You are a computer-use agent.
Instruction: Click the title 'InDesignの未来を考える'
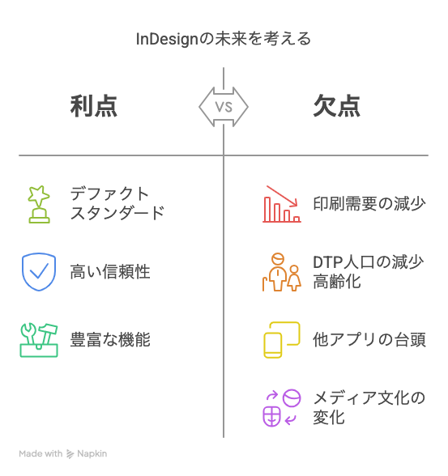pos(224,39)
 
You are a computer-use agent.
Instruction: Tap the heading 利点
pos(93,106)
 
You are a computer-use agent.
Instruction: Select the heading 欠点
pos(337,106)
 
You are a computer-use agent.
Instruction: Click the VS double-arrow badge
pos(224,107)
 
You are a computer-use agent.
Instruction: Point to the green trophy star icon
pos(39,204)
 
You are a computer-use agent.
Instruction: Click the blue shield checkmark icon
pos(39,272)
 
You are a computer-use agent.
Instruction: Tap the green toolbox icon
pos(39,340)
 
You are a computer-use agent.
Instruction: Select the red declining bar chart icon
pos(282,204)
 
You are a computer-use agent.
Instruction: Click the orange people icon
pos(282,272)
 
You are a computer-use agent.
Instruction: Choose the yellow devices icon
pos(282,340)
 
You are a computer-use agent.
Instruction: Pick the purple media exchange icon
pos(282,408)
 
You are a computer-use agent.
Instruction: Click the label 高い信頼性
pos(110,272)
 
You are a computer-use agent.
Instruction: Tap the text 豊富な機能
pos(110,340)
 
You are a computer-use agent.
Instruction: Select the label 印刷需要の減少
pos(369,204)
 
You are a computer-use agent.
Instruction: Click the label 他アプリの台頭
pos(369,340)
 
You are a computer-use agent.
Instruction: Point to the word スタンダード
pos(117,213)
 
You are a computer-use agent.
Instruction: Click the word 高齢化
pos(337,282)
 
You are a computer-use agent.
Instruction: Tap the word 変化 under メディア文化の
pos(329,418)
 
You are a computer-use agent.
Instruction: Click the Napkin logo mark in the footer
pos(70,454)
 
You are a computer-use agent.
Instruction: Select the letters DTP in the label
pos(328,262)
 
